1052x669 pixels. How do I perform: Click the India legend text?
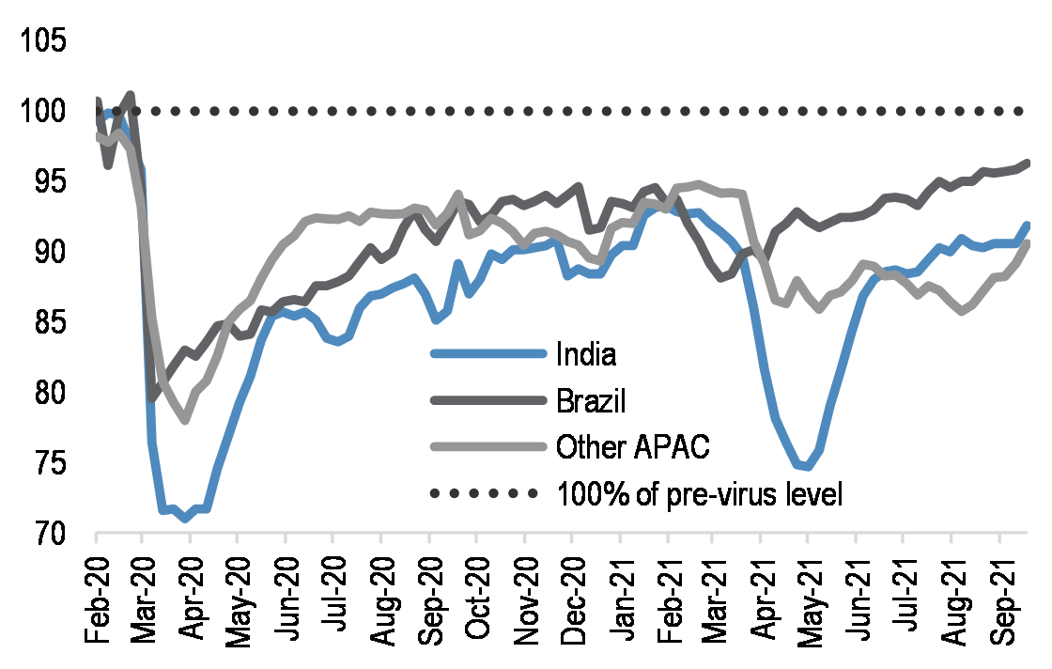(x=586, y=354)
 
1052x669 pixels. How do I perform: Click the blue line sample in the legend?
(x=487, y=354)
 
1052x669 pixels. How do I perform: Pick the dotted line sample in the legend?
(x=487, y=493)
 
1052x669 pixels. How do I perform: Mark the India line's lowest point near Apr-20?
(x=188, y=519)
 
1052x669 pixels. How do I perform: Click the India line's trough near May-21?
(x=807, y=466)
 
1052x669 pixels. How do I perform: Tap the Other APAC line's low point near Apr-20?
(x=186, y=420)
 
